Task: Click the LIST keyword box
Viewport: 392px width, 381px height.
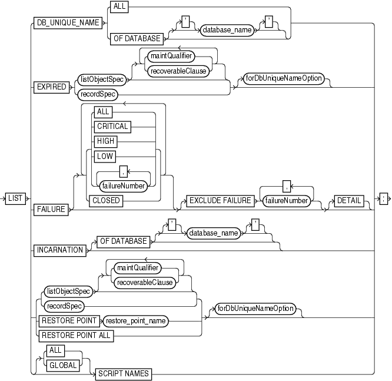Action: click(x=15, y=198)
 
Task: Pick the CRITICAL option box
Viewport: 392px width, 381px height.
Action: click(x=113, y=125)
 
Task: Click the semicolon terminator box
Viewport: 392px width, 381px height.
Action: click(x=383, y=198)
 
